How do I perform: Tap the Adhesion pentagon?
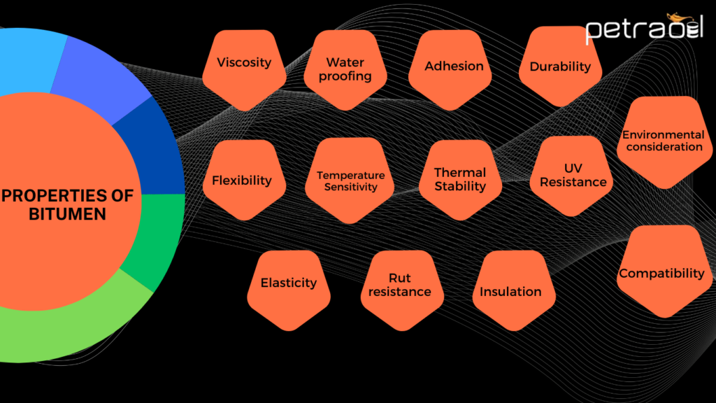pos(454,69)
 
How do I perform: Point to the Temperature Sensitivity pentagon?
pos(350,182)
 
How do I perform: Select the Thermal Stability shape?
pos(459,180)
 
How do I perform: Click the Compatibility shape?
pos(661,272)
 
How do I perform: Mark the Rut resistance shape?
pos(400,285)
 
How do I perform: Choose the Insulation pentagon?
pos(510,292)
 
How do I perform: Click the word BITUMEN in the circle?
pos(68,213)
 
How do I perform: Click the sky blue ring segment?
pos(28,63)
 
